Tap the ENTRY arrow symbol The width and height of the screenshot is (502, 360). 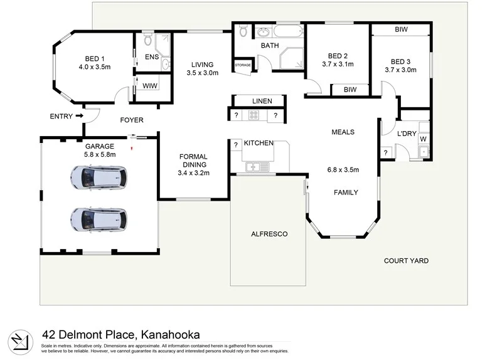pos(78,116)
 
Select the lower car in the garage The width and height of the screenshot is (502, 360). pos(99,219)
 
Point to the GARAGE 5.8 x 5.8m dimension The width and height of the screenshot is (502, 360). pos(100,154)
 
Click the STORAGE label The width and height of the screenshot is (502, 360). pos(242,65)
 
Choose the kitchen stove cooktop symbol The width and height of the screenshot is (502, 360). pos(255,115)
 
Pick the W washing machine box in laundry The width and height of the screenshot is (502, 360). pos(423,139)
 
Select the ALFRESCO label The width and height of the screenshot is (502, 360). pos(269,234)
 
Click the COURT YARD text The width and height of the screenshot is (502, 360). pos(407,261)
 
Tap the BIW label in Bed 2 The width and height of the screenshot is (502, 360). pos(350,90)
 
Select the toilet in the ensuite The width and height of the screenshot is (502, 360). pos(147,41)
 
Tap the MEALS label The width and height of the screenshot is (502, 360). pos(343,132)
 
